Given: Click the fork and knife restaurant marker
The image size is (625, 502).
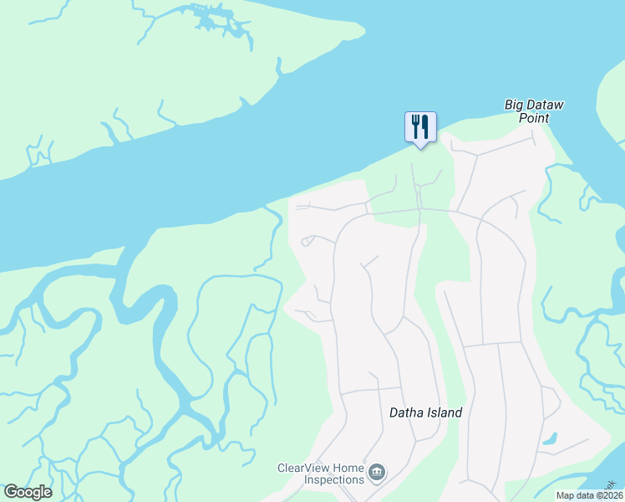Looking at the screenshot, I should pyautogui.click(x=420, y=127).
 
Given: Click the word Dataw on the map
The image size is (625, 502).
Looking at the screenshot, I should pyautogui.click(x=547, y=105).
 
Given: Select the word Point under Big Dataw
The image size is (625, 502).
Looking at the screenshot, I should pyautogui.click(x=535, y=118).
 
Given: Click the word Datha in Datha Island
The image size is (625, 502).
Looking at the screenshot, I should pyautogui.click(x=407, y=412).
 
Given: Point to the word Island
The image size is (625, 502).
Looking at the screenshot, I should pyautogui.click(x=445, y=412).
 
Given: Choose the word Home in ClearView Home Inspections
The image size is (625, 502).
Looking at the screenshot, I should pyautogui.click(x=348, y=468).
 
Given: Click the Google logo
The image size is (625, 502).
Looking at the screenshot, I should pyautogui.click(x=28, y=492).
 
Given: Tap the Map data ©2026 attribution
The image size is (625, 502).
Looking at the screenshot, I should pyautogui.click(x=589, y=495).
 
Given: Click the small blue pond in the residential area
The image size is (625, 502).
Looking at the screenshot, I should pyautogui.click(x=550, y=438).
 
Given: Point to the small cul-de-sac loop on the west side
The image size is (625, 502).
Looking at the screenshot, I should pyautogui.click(x=307, y=241).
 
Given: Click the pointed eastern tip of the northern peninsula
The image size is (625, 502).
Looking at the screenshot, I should pyautogui.click(x=363, y=30).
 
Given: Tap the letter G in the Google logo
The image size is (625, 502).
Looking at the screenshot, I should pyautogui.click(x=11, y=492).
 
